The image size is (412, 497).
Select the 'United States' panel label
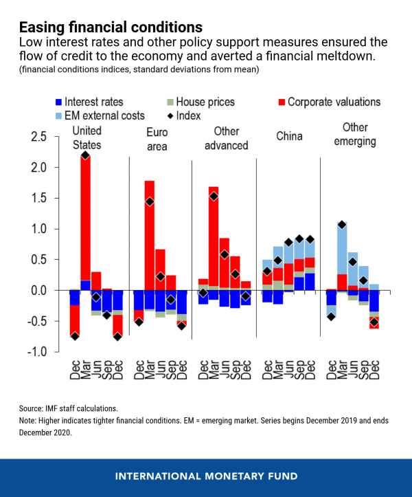click(x=87, y=137)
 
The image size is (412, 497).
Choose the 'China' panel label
click(x=288, y=137)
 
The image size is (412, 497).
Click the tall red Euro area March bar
click(x=149, y=234)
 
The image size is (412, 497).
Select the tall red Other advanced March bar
click(x=213, y=234)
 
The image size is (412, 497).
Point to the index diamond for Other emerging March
click(x=342, y=225)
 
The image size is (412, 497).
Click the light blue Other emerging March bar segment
click(x=342, y=247)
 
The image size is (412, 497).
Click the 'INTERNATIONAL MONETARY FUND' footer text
click(x=205, y=475)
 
